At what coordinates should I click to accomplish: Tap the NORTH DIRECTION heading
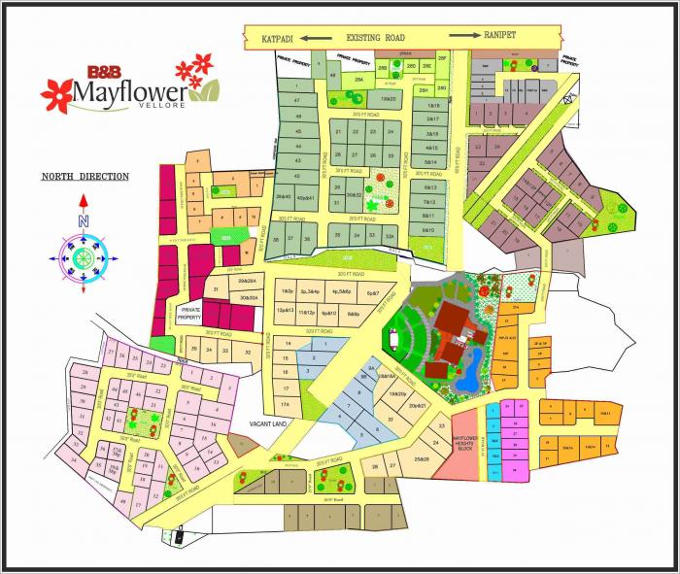click(85, 177)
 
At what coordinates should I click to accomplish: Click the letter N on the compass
click(84, 221)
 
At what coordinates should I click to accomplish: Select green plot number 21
click(339, 130)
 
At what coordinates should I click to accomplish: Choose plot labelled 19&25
click(388, 98)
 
